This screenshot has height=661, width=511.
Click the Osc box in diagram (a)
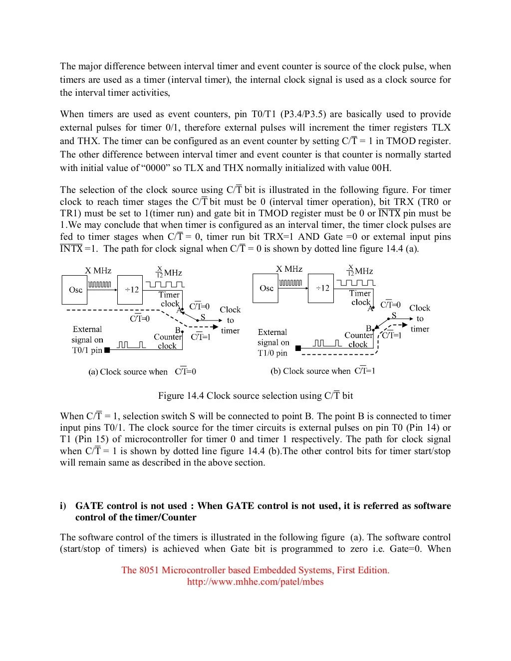pyautogui.click(x=75, y=290)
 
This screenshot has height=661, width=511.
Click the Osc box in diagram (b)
pyautogui.click(x=266, y=288)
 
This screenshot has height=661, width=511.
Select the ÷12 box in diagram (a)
pyautogui.click(x=131, y=290)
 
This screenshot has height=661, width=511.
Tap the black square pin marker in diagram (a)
pyautogui.click(x=107, y=350)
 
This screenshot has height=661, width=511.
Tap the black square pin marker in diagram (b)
pyautogui.click(x=298, y=348)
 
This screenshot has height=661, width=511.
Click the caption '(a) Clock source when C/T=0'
pyautogui.click(x=142, y=372)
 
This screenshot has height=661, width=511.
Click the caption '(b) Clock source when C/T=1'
pyautogui.click(x=322, y=371)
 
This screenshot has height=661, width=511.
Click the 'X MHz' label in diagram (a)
pyautogui.click(x=98, y=270)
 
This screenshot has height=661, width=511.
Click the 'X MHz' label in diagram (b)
pyautogui.click(x=289, y=269)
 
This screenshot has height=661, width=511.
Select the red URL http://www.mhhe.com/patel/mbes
pyautogui.click(x=255, y=582)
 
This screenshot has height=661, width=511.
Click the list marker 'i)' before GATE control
pyautogui.click(x=63, y=506)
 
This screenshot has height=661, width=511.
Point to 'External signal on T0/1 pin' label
pyautogui.click(x=87, y=339)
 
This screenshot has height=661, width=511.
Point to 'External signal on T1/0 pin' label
pyautogui.click(x=273, y=342)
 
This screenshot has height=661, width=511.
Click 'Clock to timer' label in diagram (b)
pyautogui.click(x=420, y=319)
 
